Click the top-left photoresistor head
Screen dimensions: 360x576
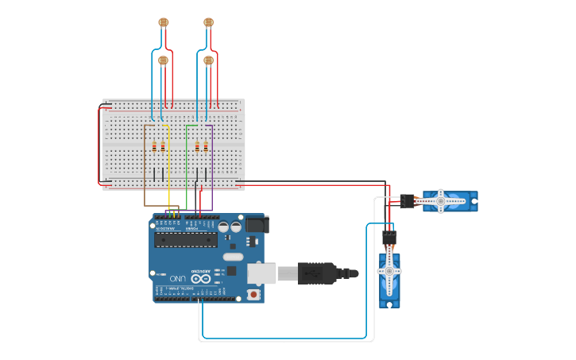tap(164, 22)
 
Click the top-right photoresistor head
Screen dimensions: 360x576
tap(209, 22)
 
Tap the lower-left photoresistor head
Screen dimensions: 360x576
tap(164, 60)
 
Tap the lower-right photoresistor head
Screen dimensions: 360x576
tap(209, 60)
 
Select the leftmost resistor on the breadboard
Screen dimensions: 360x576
tap(154, 146)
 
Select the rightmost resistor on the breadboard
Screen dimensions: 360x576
tap(206, 146)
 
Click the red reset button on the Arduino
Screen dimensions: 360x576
tap(253, 294)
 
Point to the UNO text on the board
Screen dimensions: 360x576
tap(178, 277)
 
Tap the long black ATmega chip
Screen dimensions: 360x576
tap(186, 239)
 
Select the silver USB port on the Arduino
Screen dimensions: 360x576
tap(261, 273)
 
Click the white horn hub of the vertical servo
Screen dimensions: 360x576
tap(389, 271)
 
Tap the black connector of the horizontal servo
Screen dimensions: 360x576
tap(407, 201)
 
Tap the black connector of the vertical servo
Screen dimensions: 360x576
tap(389, 237)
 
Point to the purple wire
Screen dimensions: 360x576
tap(212, 167)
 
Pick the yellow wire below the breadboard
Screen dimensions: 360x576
tap(169, 175)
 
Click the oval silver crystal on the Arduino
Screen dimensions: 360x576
tap(233, 257)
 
